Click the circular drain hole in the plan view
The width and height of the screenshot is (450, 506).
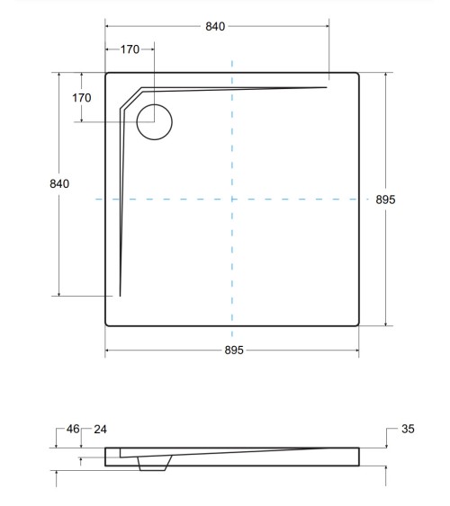[154, 121]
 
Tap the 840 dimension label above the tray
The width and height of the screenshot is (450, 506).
[215, 26]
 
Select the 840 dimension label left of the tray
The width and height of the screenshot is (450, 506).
[58, 183]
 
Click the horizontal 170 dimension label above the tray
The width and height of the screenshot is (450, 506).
[130, 49]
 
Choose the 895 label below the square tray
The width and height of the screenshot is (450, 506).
[232, 350]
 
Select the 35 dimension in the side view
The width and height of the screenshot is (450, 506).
[408, 430]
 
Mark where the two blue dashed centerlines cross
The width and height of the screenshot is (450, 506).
[232, 199]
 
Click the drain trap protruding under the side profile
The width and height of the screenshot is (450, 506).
[154, 463]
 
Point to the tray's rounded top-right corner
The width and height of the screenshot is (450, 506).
[357, 75]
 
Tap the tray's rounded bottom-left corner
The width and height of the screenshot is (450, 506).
[108, 323]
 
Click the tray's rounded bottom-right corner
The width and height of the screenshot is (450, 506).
[357, 323]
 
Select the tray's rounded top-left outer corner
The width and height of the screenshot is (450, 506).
[108, 75]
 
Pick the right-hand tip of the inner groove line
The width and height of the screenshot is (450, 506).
[324, 87]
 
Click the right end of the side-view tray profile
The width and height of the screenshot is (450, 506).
[358, 457]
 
